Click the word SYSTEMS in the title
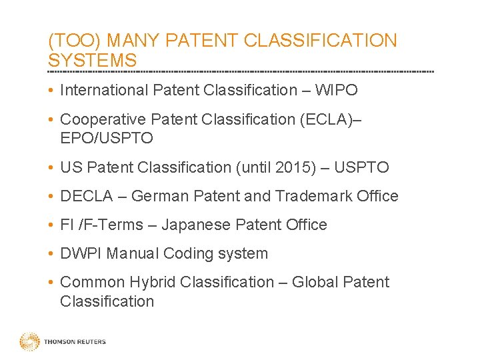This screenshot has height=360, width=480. [x=92, y=60]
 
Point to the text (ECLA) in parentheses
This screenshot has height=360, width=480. [x=327, y=119]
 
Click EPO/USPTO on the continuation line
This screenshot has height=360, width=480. [x=106, y=138]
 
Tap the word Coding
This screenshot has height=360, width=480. [x=189, y=253]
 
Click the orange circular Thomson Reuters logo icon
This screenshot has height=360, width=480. [x=29, y=342]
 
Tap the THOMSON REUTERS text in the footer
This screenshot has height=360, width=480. [x=75, y=342]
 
